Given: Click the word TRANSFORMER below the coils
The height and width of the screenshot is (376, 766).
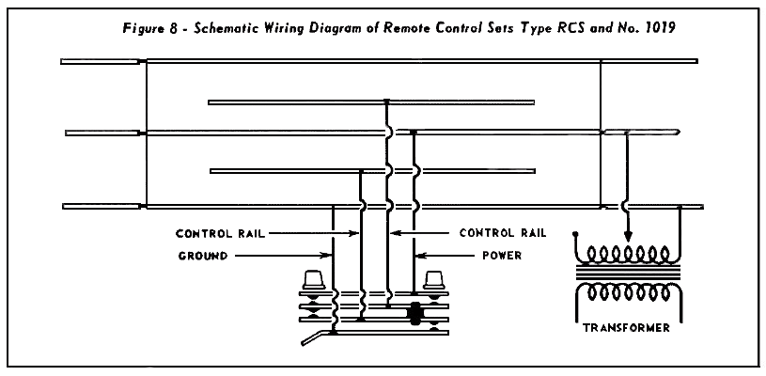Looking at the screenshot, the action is coord(625,328).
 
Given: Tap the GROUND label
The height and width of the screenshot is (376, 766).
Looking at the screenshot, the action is coord(202,254).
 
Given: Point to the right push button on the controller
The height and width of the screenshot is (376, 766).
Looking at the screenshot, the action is coord(433,280).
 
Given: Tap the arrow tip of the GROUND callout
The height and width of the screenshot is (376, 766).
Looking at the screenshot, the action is coord(331,254).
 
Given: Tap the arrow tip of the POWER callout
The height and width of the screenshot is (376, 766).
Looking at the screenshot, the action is coord(416,254).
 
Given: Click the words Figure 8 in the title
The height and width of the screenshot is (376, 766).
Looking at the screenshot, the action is coord(150,28).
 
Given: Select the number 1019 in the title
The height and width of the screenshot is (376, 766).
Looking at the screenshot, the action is coord(658,28).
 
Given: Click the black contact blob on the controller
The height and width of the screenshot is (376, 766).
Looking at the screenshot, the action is coord(414,314).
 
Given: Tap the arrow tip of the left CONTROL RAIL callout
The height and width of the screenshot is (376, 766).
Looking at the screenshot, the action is coord(358,233).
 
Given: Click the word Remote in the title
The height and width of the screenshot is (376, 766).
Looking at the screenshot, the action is coord(395,28).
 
